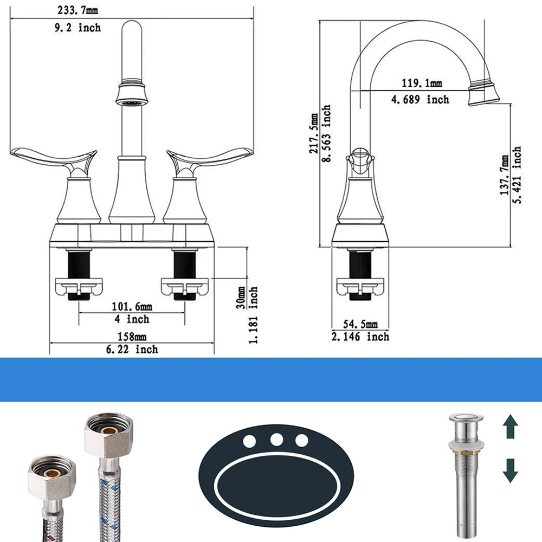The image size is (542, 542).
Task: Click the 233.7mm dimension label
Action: point(78,10)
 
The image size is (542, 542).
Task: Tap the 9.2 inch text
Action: point(78,27)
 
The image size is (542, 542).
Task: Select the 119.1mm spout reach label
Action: point(422,83)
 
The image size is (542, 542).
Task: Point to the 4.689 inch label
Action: point(421,100)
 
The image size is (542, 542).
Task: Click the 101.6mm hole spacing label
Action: point(132,306)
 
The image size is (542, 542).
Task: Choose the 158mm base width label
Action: point(132,337)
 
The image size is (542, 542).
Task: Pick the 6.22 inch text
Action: point(132,349)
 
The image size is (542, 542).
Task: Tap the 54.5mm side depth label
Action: point(360,324)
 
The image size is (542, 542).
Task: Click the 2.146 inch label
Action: point(360,337)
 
